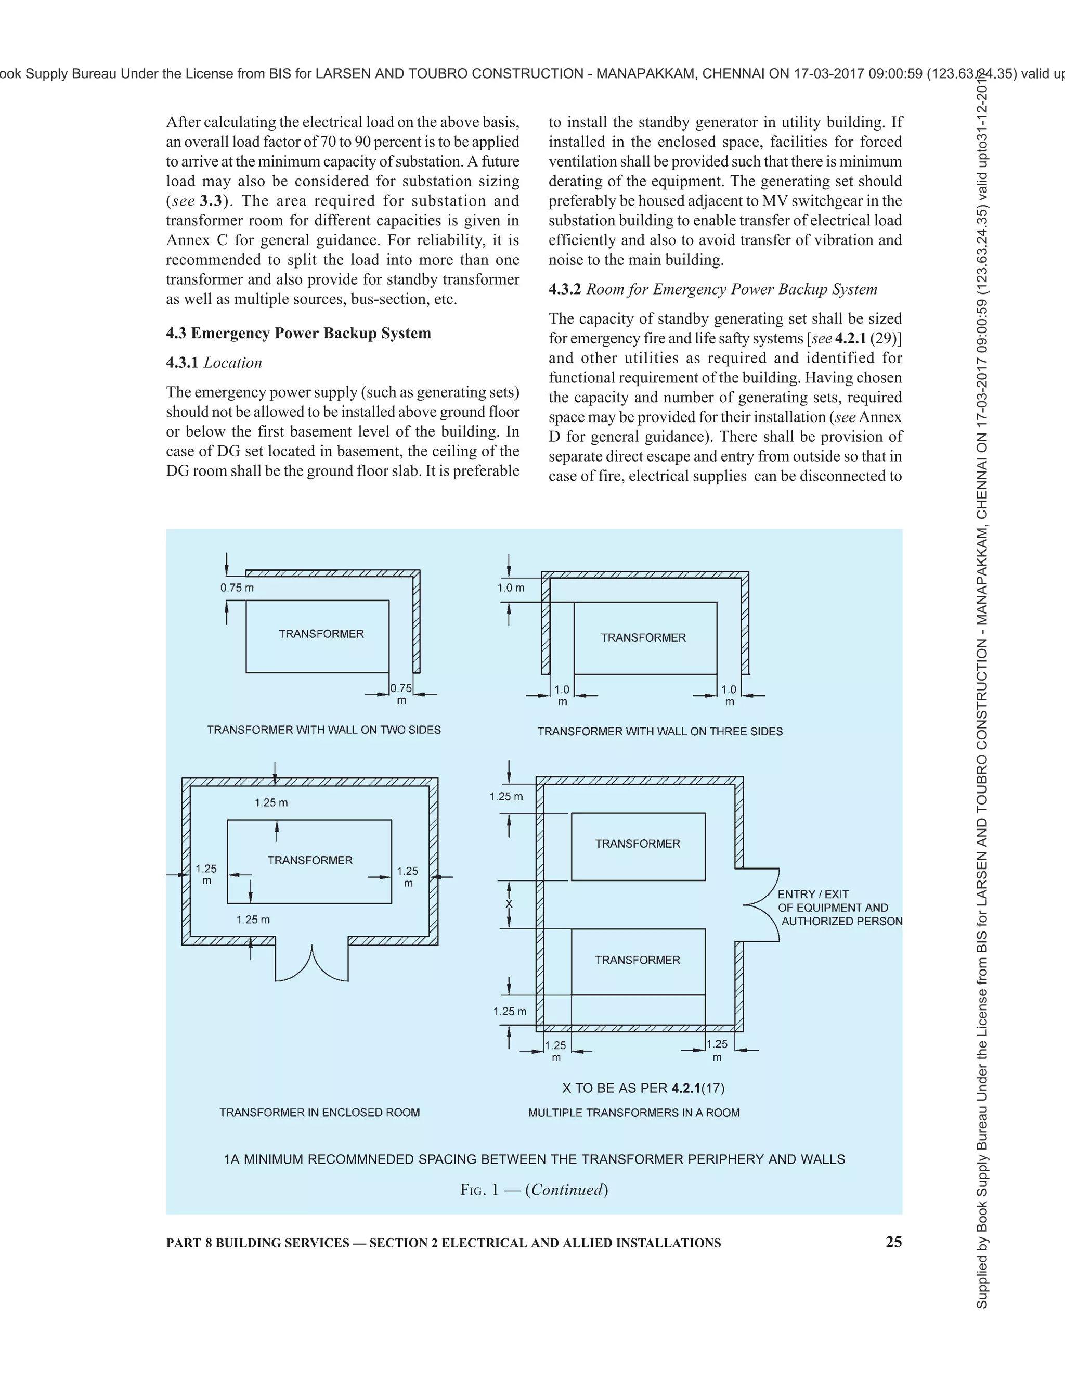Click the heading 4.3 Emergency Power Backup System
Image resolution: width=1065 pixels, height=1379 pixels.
point(298,334)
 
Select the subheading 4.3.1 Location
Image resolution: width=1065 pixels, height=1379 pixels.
point(214,363)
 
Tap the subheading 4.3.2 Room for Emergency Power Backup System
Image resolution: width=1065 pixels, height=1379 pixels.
point(713,289)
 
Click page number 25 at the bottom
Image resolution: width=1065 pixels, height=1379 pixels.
point(893,1242)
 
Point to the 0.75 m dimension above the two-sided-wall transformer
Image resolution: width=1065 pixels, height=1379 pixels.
point(237,588)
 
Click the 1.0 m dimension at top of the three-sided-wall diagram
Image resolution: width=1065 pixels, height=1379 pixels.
point(511,588)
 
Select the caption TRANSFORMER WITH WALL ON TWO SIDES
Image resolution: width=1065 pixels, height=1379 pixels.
point(323,730)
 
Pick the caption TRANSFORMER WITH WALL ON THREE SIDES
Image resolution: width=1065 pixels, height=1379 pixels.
point(660,731)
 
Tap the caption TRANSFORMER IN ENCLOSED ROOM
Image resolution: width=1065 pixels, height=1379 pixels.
point(319,1113)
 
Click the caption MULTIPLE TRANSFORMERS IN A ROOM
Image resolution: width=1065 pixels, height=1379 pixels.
point(634,1113)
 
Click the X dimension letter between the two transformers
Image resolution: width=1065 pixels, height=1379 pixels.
point(509,904)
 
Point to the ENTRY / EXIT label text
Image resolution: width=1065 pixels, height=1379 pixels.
point(813,894)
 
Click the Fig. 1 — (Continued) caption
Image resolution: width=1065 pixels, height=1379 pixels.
point(534,1190)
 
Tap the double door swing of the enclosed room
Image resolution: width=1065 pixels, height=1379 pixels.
point(311,965)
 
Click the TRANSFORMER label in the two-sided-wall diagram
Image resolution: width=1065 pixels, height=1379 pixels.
point(321,634)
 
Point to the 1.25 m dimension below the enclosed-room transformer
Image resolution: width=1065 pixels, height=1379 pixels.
point(253,920)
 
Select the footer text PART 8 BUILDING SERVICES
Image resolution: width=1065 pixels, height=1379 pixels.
point(257,1243)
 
